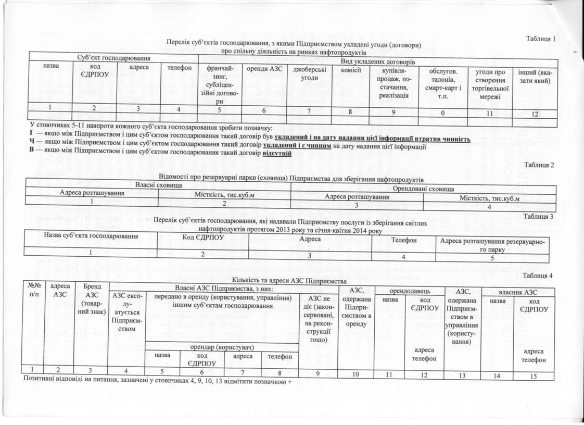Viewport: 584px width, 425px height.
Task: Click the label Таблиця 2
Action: pos(540,166)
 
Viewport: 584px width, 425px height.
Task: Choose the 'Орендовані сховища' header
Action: pos(423,188)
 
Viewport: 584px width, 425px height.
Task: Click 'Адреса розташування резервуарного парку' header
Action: pos(492,246)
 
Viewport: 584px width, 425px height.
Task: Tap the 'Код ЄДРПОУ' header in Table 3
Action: pos(203,239)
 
